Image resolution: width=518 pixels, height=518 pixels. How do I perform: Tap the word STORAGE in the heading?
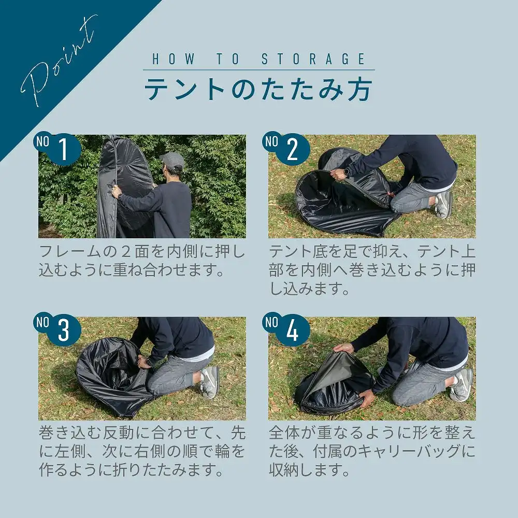[313, 59]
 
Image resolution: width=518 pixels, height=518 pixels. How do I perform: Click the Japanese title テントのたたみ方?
[258, 89]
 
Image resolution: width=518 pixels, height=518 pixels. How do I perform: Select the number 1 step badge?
[57, 148]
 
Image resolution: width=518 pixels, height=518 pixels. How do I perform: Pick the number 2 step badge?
[286, 148]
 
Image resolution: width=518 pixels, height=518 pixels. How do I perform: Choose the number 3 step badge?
[57, 329]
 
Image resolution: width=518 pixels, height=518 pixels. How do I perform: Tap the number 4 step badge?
[286, 329]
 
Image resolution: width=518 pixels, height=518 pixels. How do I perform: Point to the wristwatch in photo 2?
[346, 172]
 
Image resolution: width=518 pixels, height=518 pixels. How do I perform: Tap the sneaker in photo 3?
[210, 382]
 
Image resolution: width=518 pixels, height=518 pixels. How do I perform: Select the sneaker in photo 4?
[462, 385]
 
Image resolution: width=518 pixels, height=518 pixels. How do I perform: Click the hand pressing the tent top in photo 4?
[343, 348]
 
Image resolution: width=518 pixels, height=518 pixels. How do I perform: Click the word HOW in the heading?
[174, 59]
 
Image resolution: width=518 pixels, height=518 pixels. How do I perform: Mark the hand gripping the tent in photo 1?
[116, 191]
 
